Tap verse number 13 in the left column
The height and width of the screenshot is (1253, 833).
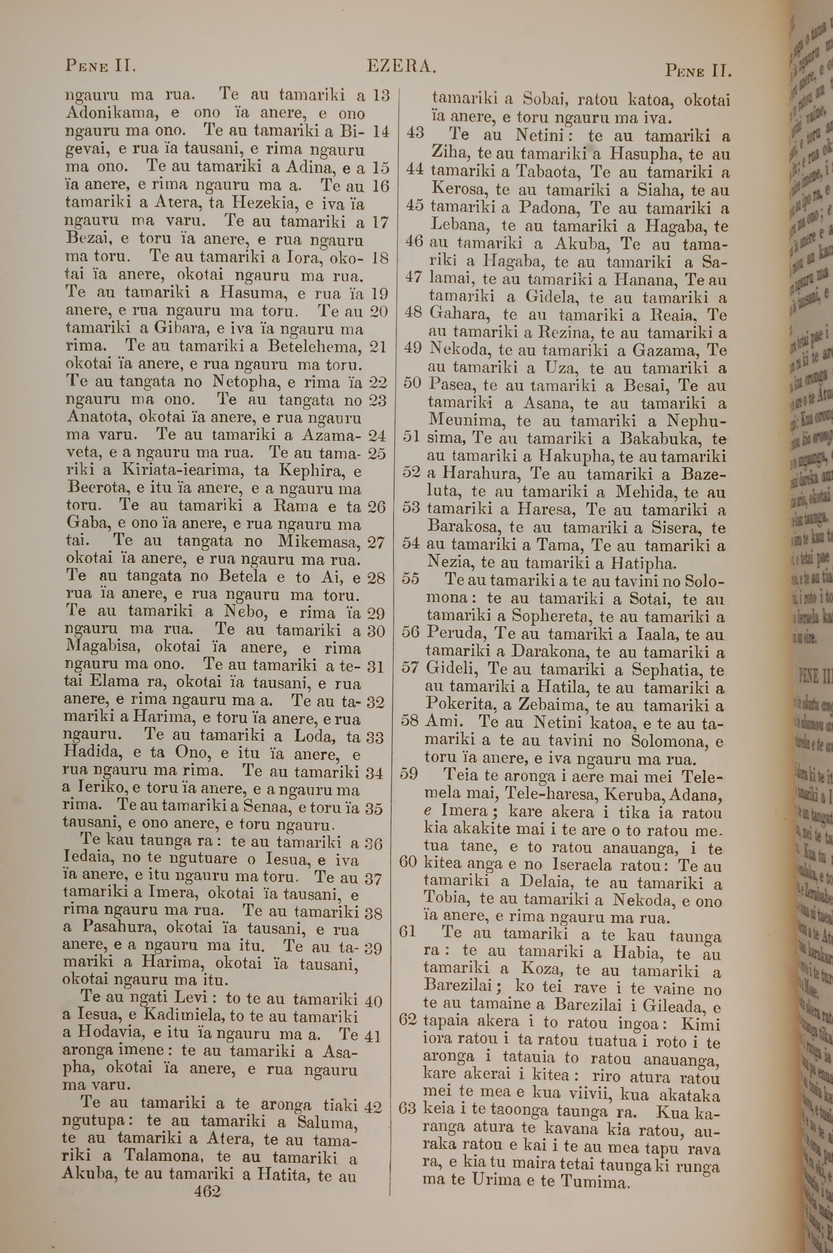(x=381, y=96)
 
